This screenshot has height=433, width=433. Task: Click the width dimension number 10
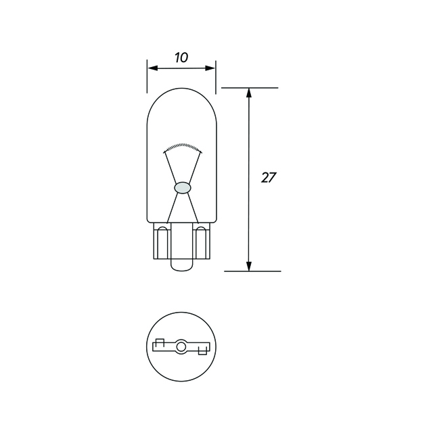pos(181,58)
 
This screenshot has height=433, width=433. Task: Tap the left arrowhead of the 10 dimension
pos(152,68)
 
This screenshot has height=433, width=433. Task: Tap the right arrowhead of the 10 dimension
pos(211,68)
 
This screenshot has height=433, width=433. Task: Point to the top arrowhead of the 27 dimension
pos(249,93)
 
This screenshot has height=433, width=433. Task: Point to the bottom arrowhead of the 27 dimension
pos(249,266)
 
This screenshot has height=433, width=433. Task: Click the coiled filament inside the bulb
pos(181,148)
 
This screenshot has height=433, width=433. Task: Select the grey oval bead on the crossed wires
pos(181,186)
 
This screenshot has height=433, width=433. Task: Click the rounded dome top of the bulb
pos(181,95)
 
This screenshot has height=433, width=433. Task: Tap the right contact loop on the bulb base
pos(201,243)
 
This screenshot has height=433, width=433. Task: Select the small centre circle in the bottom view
pos(181,348)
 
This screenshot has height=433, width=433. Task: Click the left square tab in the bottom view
pos(160,342)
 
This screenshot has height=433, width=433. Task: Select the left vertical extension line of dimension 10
pos(147,76)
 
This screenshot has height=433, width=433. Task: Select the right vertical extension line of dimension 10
pos(215,76)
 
